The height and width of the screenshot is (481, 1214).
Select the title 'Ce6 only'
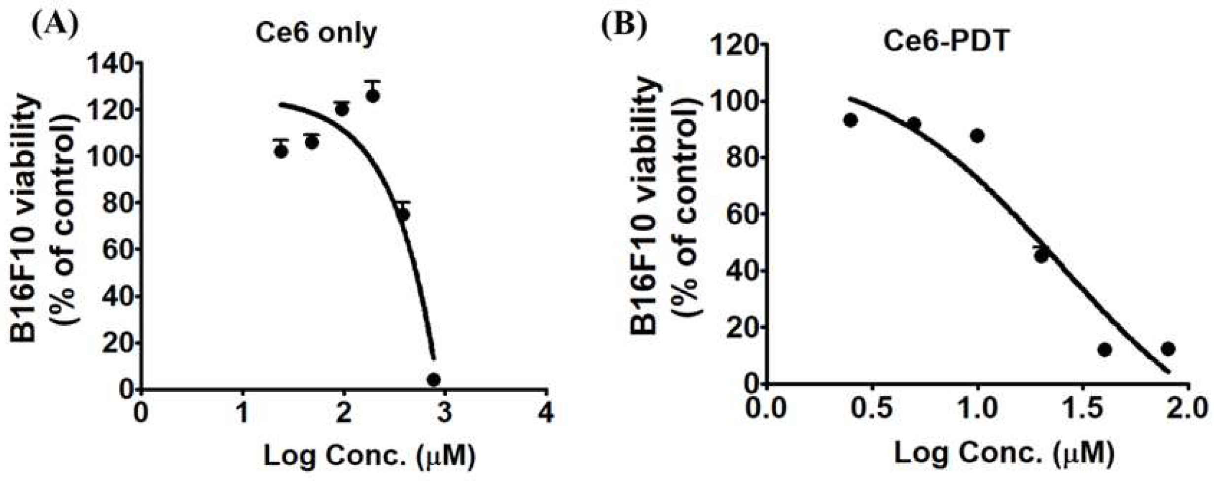coord(316,33)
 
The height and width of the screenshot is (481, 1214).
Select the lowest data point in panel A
coord(434,379)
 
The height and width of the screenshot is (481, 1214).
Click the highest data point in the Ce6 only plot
coord(373,96)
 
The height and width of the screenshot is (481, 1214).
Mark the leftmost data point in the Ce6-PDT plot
coord(850,120)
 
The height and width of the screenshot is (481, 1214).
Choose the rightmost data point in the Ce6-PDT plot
coord(1168,349)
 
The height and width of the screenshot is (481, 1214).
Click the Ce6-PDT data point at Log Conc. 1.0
coord(977,136)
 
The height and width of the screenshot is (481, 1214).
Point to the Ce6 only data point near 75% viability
coord(403,214)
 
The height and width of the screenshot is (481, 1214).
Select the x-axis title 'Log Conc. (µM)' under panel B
coord(1003,453)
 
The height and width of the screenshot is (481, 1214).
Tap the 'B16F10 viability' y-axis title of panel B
coord(644,207)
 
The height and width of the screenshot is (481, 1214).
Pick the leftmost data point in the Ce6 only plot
coord(281,151)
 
